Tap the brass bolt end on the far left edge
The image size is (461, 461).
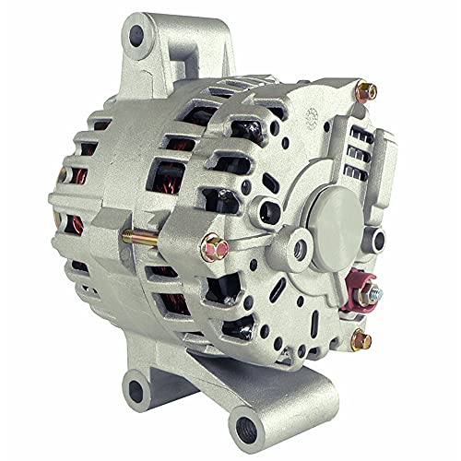[x=62, y=174]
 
